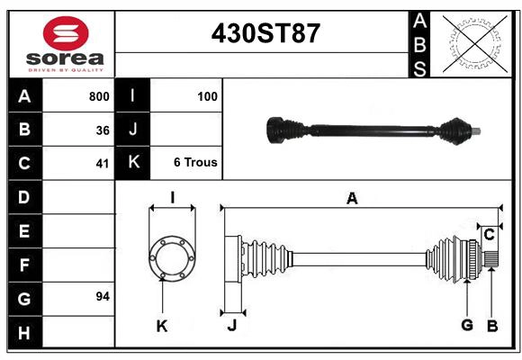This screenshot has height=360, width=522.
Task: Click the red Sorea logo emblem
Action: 66,35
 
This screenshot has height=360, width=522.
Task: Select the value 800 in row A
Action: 98,95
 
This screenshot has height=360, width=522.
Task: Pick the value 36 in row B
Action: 102,130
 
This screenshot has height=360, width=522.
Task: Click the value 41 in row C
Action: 102,164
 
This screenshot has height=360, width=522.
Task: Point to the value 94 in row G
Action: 102,296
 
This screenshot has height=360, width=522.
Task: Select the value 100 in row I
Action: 207,95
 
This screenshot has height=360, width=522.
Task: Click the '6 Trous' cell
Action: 195,163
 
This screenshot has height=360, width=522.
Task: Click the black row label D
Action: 24,196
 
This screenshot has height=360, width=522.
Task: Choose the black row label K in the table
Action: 133,163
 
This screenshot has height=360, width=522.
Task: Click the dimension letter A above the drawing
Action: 352,199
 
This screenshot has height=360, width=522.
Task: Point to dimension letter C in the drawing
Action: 489,234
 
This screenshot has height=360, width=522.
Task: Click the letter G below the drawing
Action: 466,325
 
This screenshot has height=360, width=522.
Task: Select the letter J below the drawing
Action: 231,326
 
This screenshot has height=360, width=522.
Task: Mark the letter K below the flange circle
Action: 162,326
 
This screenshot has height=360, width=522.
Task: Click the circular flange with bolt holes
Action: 172,256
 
